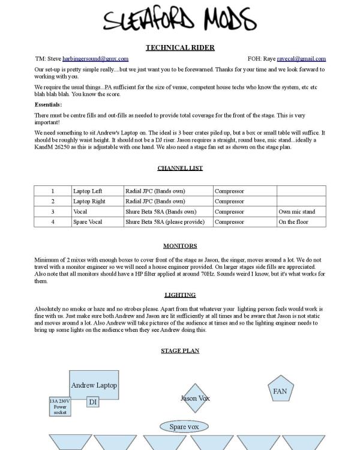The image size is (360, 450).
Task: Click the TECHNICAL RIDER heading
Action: [x=180, y=47]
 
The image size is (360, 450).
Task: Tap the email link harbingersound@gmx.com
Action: [x=95, y=59]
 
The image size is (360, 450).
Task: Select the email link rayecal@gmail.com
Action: [x=301, y=59]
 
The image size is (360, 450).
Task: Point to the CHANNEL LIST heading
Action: [x=180, y=168]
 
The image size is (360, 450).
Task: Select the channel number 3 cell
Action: [x=52, y=212]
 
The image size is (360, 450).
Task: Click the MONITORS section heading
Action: [x=180, y=246]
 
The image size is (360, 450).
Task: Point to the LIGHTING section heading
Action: [x=180, y=295]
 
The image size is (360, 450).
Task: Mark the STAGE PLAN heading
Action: [x=180, y=350]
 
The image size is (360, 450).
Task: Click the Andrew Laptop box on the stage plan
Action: [x=94, y=385]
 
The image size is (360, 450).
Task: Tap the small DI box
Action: [x=92, y=402]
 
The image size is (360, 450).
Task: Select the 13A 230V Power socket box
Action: [x=60, y=407]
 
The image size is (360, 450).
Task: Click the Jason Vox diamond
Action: [x=195, y=398]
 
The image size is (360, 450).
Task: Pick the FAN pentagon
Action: [x=280, y=391]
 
